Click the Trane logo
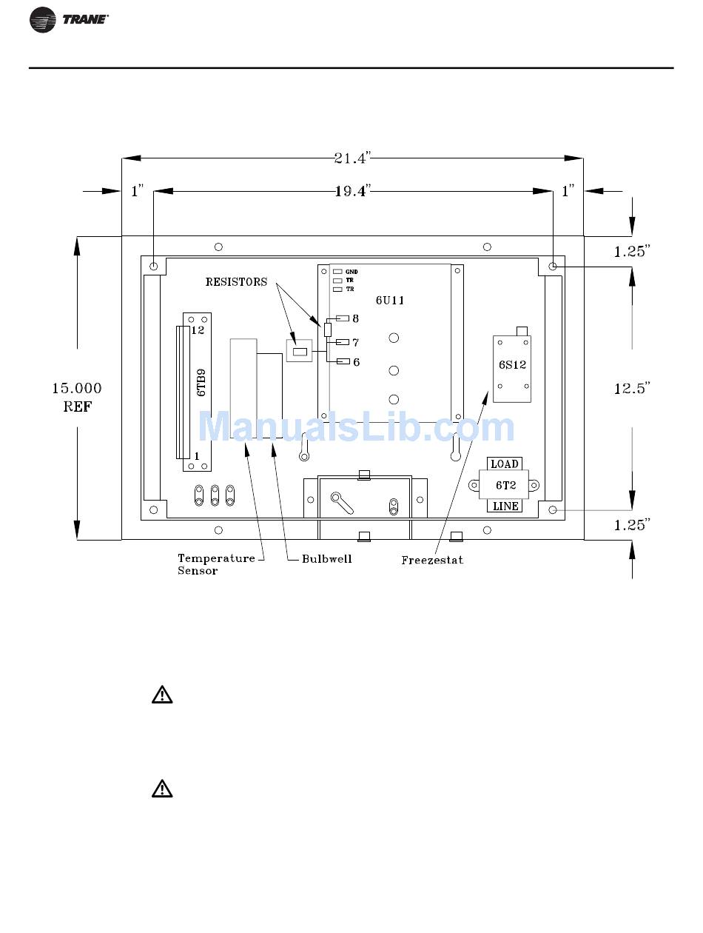pos(69,19)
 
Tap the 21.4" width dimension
pos(352,158)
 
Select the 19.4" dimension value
pos(352,191)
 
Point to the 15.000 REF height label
pos(77,398)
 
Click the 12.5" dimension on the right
pos(632,388)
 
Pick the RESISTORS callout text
pos(237,282)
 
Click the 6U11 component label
pos(389,301)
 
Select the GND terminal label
pos(351,272)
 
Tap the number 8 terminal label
pos(355,318)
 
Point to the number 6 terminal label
pos(356,362)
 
